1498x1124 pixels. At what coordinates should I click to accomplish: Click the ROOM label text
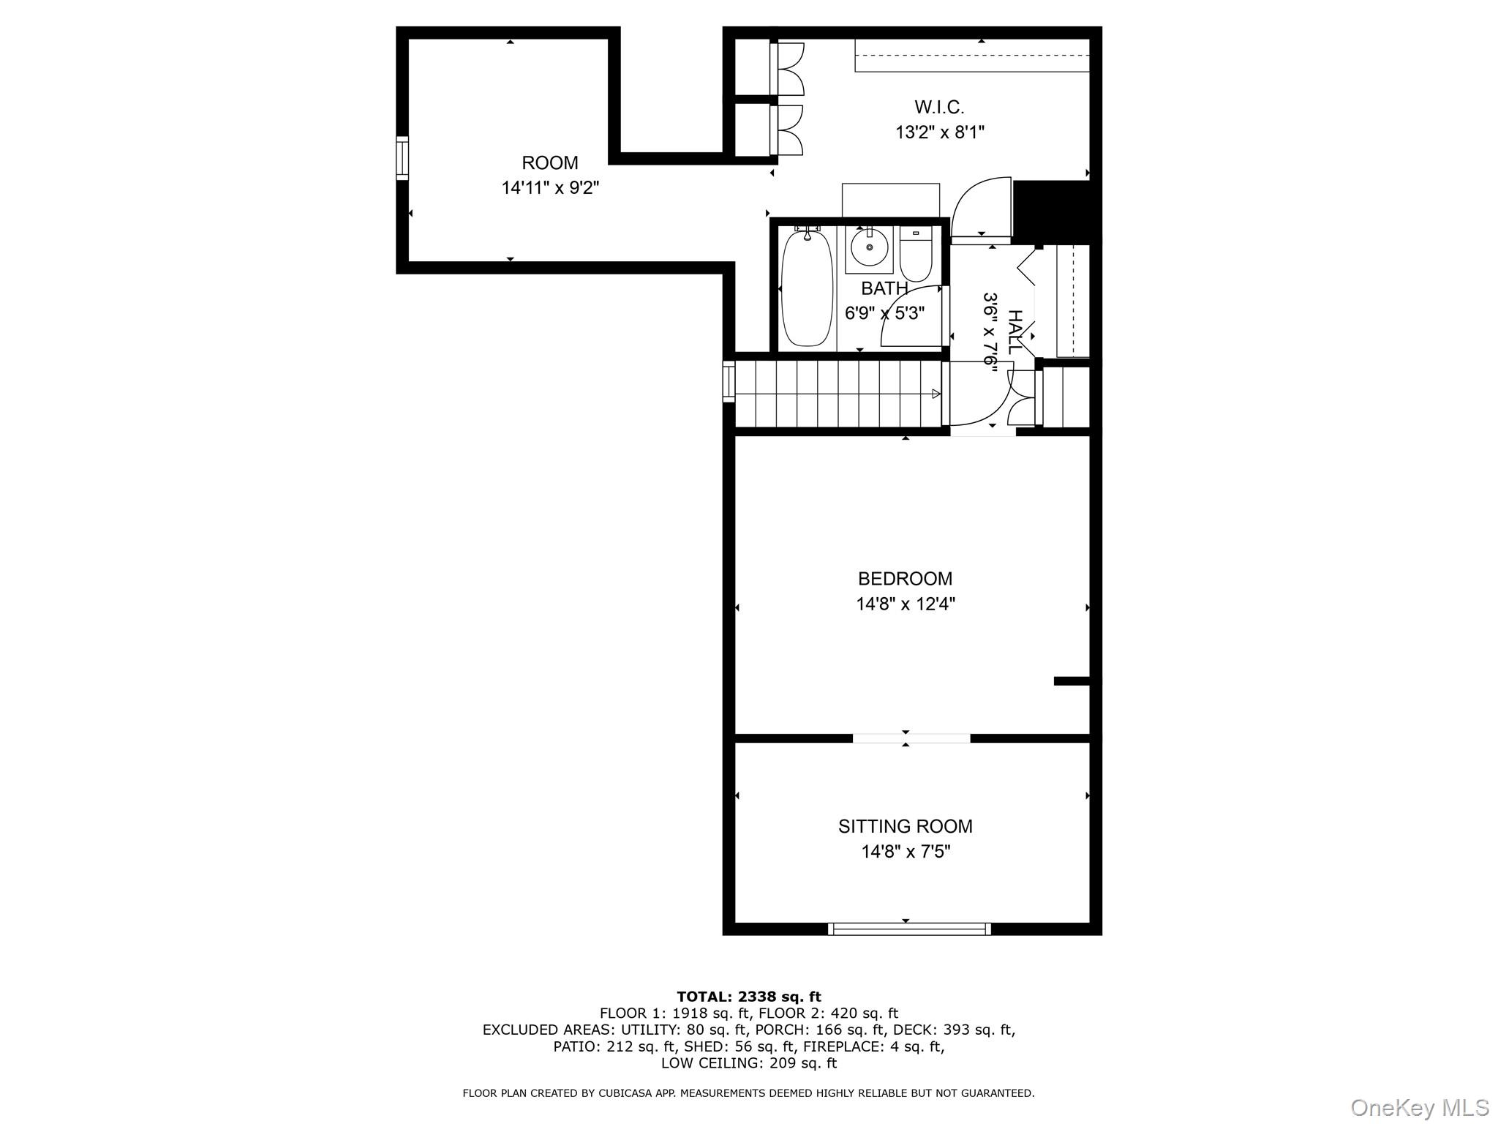[x=549, y=162]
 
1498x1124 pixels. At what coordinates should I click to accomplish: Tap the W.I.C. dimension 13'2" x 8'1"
[x=939, y=132]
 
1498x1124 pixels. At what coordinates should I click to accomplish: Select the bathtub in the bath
[x=807, y=288]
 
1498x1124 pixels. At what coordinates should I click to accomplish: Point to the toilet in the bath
[x=915, y=255]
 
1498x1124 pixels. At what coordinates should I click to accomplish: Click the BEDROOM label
[x=905, y=579]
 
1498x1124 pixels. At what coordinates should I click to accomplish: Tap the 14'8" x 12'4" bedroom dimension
[x=905, y=604]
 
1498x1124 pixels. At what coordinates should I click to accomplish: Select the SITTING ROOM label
[x=905, y=826]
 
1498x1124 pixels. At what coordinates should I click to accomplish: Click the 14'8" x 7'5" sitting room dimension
[x=905, y=852]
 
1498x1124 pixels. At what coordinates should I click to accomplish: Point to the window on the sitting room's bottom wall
[x=909, y=929]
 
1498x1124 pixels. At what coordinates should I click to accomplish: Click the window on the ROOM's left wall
[x=402, y=157]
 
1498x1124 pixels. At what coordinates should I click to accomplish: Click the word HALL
[x=1015, y=331]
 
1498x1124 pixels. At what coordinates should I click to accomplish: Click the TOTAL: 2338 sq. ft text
[x=748, y=997]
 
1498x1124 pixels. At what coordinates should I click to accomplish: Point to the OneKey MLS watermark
[x=1419, y=1108]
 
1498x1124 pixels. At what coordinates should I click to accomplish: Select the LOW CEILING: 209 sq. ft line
[x=748, y=1063]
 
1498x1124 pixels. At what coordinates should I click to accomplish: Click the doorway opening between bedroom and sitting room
[x=911, y=738]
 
